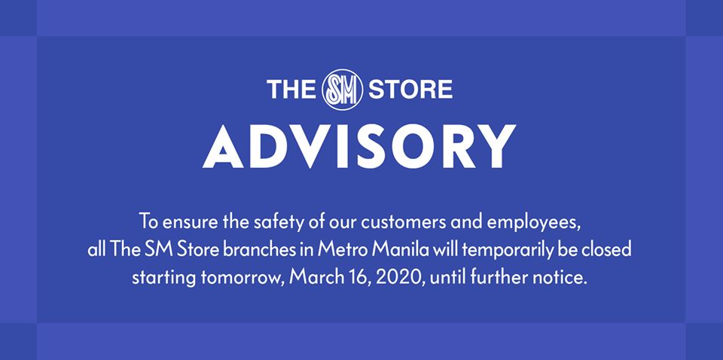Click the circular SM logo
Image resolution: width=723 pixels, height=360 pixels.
342,90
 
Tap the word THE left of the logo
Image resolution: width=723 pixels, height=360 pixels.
291,90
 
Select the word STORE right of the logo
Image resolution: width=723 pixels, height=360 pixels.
410,90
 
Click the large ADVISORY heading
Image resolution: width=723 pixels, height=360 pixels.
359,146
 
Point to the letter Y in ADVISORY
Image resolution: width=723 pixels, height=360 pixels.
496,146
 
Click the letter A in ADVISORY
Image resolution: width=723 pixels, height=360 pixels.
223,146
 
